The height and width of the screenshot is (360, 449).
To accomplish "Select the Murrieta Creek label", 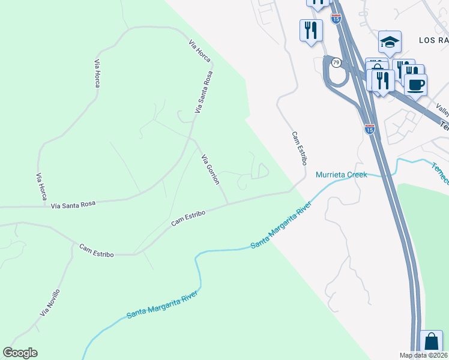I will pos(341,175).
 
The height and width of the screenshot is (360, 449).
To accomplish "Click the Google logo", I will pos(20,353).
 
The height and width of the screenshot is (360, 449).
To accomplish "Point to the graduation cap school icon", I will pos(390,42).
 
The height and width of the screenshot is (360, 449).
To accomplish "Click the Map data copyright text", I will pos(424,355).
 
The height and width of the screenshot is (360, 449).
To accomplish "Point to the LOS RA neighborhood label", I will pos(433,40).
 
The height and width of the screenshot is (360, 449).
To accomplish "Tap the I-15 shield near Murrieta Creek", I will pos(370,129).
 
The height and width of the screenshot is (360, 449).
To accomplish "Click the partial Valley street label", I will pos(443,110).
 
